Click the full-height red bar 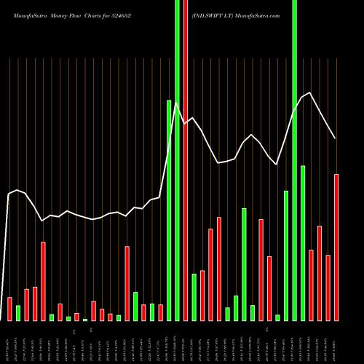[186, 160]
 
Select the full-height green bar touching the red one [177, 160]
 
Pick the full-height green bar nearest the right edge [294, 160]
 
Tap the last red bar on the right [336, 248]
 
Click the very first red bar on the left [9, 309]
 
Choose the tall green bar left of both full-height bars [169, 210]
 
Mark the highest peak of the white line [311, 92]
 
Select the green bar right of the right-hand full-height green [303, 243]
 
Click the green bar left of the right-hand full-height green [286, 256]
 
